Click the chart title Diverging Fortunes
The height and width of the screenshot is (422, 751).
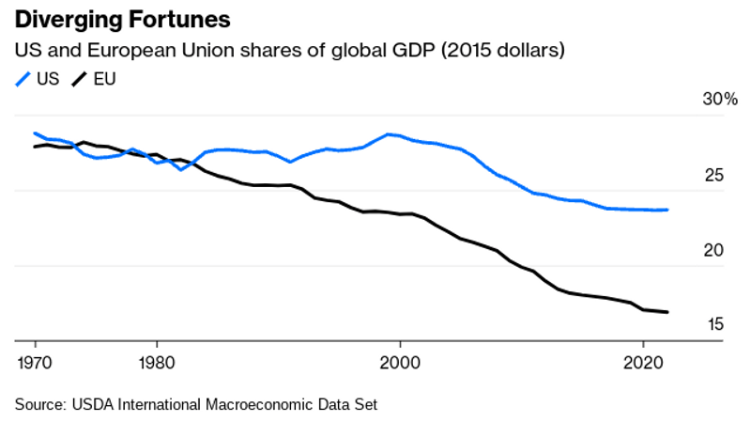coord(123,19)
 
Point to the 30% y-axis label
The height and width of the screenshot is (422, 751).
coord(720,101)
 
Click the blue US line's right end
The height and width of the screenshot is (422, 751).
coord(667,210)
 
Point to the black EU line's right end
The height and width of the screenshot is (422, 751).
coord(667,312)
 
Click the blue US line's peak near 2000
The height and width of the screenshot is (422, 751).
coord(388,134)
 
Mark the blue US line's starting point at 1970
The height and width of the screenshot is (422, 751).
coord(35,133)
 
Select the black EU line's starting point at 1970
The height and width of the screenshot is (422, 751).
coord(35,147)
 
